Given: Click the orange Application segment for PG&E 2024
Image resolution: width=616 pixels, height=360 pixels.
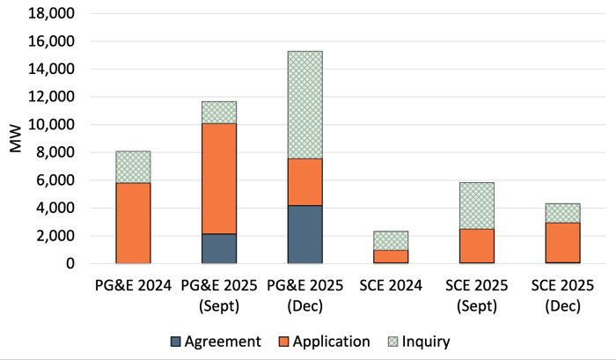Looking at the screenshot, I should click(x=133, y=223).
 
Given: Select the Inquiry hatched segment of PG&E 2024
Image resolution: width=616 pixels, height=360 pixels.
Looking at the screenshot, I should click(x=133, y=166).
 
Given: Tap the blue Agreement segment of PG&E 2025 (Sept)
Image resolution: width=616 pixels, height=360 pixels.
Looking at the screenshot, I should click(x=219, y=248).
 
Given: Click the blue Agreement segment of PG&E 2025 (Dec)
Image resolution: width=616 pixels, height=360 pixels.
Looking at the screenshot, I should click(x=304, y=234).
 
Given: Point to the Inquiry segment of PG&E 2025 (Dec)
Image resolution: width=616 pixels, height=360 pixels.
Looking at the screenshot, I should click(x=304, y=105).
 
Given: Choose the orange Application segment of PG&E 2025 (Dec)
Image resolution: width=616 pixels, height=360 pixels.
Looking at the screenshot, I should click(x=304, y=181).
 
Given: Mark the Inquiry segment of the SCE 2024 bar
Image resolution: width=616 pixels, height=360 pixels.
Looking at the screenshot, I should click(x=391, y=240).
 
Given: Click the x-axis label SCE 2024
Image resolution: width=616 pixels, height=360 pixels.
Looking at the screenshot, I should click(x=391, y=286).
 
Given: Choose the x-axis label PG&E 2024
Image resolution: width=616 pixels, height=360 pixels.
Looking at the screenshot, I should click(x=133, y=286).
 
